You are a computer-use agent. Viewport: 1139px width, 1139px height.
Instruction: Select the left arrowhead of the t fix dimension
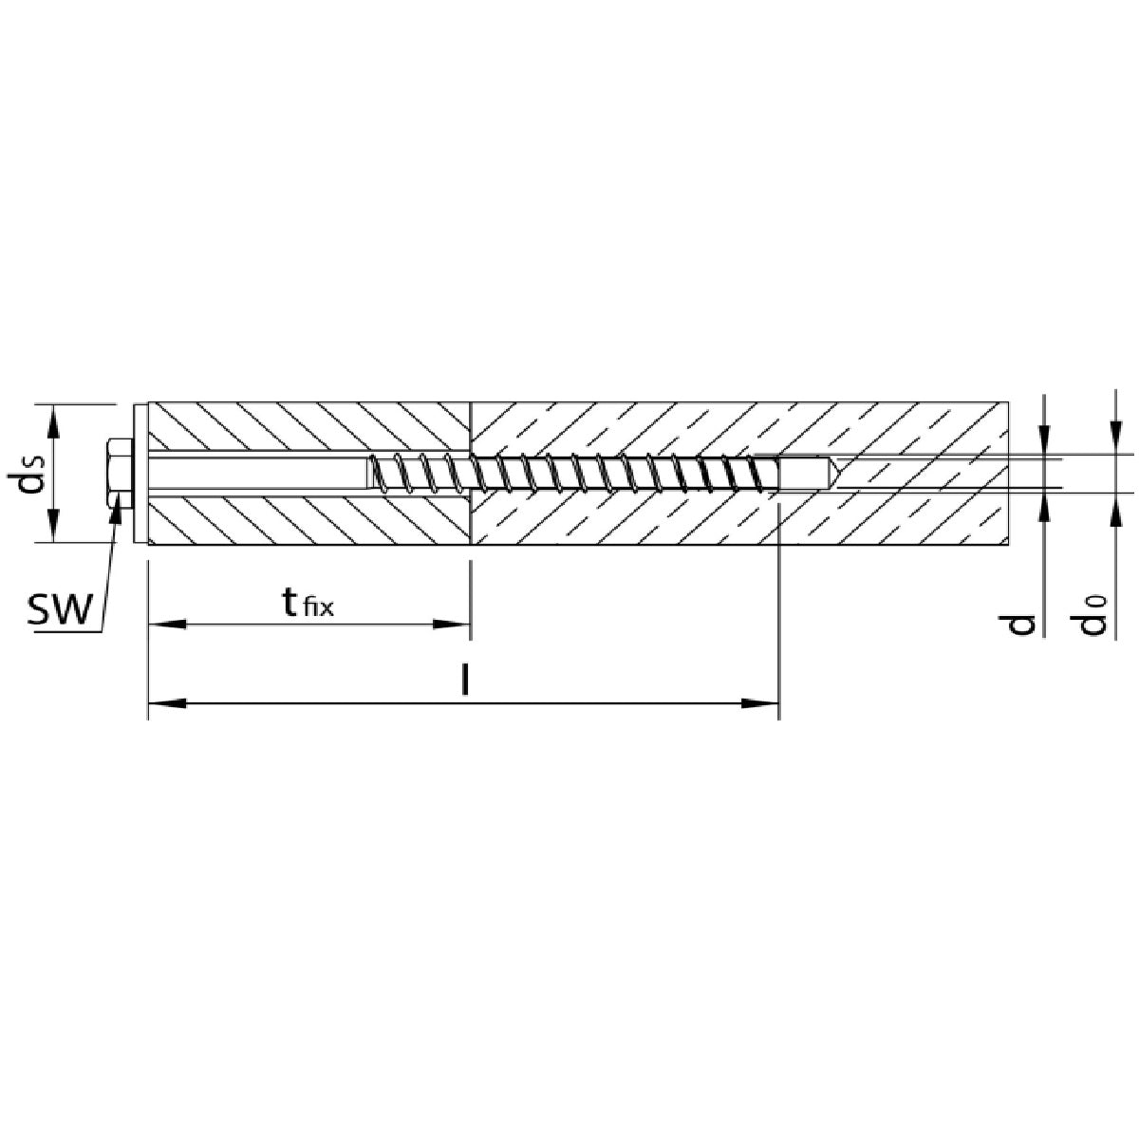pyautogui.click(x=166, y=624)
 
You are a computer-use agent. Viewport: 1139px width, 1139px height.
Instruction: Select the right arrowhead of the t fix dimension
pyautogui.click(x=452, y=624)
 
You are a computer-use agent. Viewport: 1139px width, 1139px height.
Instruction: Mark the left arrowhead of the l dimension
pyautogui.click(x=166, y=702)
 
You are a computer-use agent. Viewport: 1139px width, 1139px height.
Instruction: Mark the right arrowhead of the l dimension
pyautogui.click(x=760, y=702)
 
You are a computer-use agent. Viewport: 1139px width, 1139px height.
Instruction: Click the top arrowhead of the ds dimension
pyautogui.click(x=54, y=422)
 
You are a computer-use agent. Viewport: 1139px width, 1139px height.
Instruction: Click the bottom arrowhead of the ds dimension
pyautogui.click(x=54, y=523)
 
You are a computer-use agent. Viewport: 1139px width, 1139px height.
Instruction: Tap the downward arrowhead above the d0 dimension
pyautogui.click(x=1115, y=437)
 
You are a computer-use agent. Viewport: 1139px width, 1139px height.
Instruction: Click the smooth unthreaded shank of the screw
pyautogui.click(x=257, y=473)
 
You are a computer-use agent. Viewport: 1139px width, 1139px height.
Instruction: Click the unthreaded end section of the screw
pyautogui.click(x=805, y=473)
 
